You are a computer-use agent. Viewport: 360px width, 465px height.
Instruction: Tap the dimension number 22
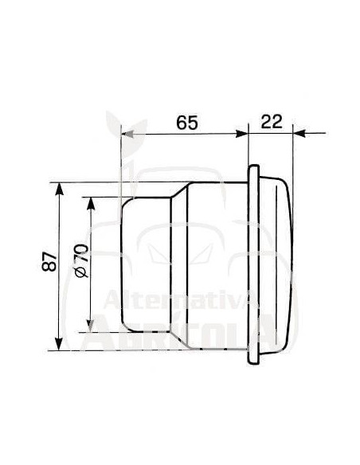[x=272, y=122]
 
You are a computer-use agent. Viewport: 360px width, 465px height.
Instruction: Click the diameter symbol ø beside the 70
[x=80, y=274]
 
